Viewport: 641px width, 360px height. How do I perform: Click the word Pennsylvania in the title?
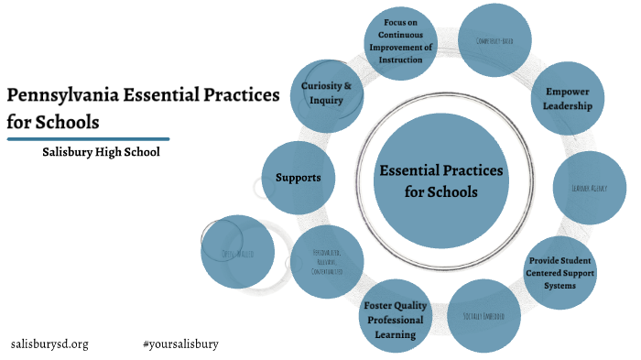pyautogui.click(x=56, y=95)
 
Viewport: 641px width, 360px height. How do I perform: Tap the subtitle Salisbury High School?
pyautogui.click(x=101, y=151)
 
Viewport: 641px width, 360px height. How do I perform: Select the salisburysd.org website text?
pyautogui.click(x=49, y=344)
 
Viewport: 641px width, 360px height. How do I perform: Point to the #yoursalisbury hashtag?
pyautogui.click(x=180, y=344)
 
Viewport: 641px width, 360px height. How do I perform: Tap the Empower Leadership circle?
pyautogui.click(x=568, y=99)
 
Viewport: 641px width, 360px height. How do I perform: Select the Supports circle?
pyautogui.click(x=299, y=177)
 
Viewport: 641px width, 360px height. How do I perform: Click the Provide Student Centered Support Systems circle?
pyautogui.click(x=563, y=272)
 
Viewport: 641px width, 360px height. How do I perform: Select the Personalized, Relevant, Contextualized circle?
pyautogui.click(x=327, y=262)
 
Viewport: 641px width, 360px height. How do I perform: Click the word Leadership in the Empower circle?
pyautogui.click(x=568, y=106)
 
